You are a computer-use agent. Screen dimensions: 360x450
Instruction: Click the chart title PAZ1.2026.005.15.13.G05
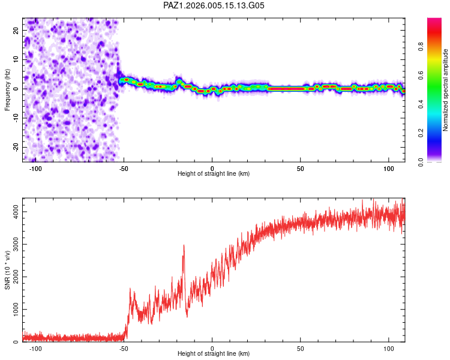point(214,5)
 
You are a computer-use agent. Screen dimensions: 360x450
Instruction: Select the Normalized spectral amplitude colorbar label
point(446,90)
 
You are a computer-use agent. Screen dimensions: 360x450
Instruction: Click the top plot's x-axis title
point(214,173)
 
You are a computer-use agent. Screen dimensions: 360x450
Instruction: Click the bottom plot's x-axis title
point(214,353)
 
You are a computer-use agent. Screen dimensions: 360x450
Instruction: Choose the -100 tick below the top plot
point(35,168)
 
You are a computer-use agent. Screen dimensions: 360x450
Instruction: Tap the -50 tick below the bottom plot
point(124,348)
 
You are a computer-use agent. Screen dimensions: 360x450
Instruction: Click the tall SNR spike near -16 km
point(184,246)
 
